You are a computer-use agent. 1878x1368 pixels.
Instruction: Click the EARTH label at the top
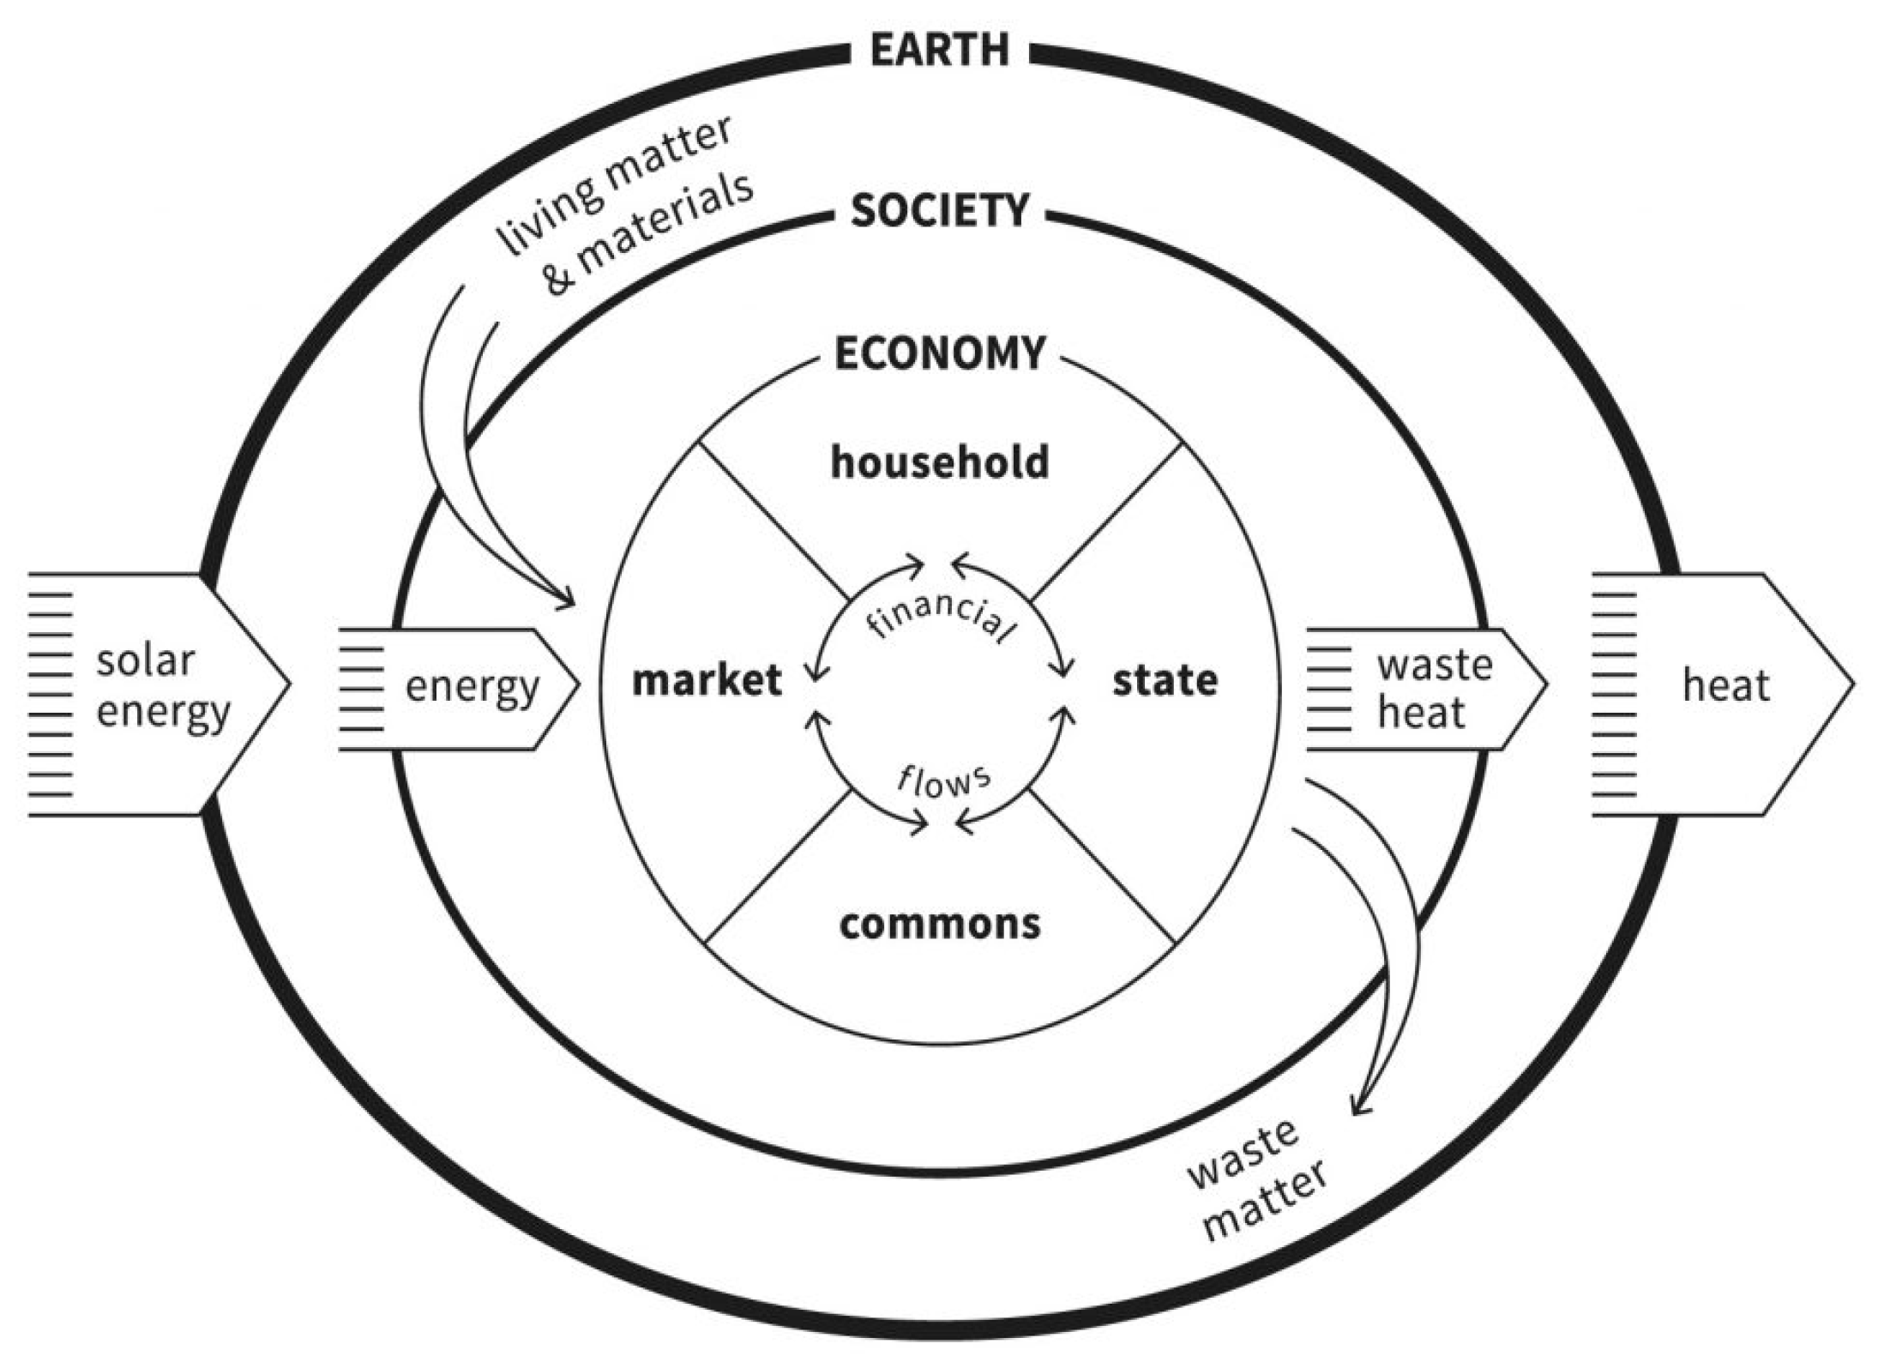coord(940,50)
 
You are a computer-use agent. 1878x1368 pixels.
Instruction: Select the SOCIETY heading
coord(940,211)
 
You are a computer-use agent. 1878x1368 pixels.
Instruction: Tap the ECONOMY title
coord(940,353)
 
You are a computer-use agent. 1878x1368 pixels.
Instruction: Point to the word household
coord(940,462)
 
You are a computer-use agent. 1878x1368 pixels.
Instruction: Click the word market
coord(707,681)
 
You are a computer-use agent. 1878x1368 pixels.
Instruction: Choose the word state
coord(1165,681)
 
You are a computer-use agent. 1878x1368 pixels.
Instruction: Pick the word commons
coord(940,924)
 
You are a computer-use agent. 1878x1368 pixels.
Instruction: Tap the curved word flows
coord(943,780)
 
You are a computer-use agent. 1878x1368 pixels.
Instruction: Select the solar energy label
coord(161,687)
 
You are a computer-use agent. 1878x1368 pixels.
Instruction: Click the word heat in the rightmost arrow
coord(1725,686)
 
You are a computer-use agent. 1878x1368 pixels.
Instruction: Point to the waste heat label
coord(1434,690)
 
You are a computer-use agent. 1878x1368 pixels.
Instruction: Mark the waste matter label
coord(1257,1180)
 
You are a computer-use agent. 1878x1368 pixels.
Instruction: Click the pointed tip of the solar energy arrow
coord(289,685)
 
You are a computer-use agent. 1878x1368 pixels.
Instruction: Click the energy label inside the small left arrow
coord(472,687)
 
